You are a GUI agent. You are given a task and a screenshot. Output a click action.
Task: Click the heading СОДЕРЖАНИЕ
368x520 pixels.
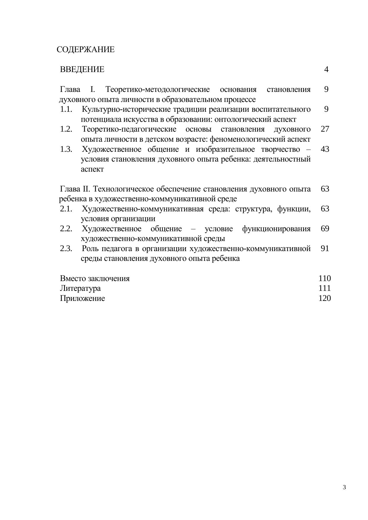point(85,50)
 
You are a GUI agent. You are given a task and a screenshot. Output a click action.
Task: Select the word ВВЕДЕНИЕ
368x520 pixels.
point(82,69)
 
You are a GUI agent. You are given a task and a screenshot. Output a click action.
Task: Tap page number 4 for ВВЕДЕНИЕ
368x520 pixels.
point(326,69)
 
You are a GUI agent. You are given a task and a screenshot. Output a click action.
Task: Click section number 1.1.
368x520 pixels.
point(66,109)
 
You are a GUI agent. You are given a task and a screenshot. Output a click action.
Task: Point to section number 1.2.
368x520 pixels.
point(66,129)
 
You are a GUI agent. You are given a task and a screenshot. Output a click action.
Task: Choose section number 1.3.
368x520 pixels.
point(66,149)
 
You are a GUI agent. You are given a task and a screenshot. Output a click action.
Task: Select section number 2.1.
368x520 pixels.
point(66,209)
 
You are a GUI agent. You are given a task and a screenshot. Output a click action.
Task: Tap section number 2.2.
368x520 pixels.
point(66,229)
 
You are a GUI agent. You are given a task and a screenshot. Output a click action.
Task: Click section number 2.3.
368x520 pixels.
point(66,248)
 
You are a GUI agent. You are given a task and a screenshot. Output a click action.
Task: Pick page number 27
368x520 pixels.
point(325,129)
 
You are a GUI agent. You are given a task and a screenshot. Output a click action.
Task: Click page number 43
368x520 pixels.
point(325,149)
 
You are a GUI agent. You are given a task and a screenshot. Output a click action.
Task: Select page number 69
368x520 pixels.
point(325,229)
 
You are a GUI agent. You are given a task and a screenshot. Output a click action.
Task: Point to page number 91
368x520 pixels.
point(325,248)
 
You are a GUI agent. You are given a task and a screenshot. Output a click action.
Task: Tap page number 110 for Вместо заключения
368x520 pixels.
point(324,278)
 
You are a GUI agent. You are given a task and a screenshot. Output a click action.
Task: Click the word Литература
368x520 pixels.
point(80,288)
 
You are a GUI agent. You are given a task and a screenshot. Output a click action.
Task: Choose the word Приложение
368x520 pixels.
point(82,298)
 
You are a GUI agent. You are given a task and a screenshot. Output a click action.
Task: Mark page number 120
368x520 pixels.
point(324,298)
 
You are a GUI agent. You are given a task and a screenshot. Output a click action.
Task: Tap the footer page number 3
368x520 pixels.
point(344,487)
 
